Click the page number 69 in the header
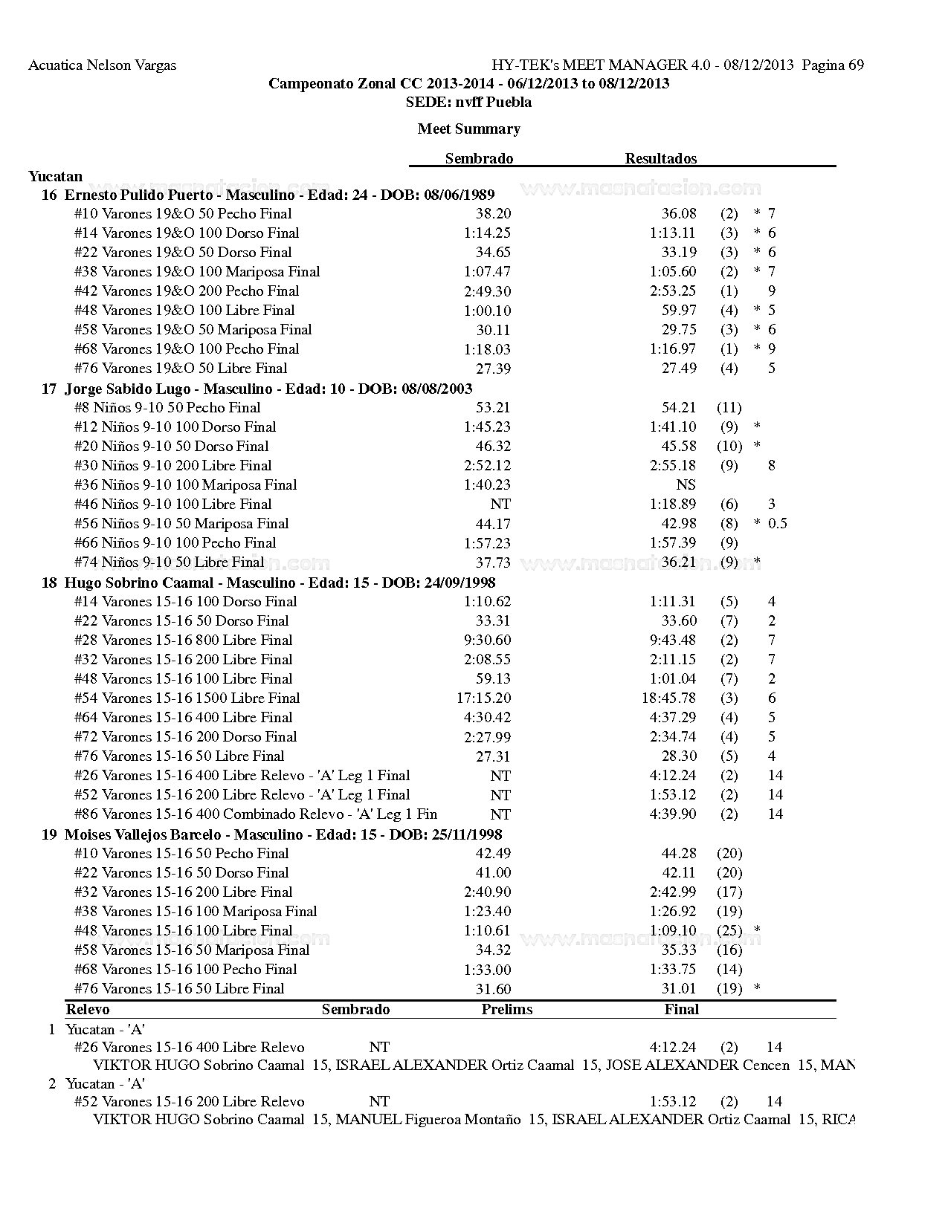(855, 65)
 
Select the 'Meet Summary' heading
(468, 129)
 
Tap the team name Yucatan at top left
(55, 177)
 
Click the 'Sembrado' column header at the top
(479, 158)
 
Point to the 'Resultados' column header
(660, 158)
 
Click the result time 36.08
(679, 214)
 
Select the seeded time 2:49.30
(487, 291)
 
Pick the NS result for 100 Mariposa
(686, 485)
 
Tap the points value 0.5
(777, 524)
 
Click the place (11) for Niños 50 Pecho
(729, 408)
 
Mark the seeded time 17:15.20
(483, 698)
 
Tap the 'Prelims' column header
(506, 1010)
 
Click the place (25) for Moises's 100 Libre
(729, 931)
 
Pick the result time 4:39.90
(672, 814)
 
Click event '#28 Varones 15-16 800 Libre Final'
(183, 640)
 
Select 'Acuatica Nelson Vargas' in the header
(102, 65)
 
